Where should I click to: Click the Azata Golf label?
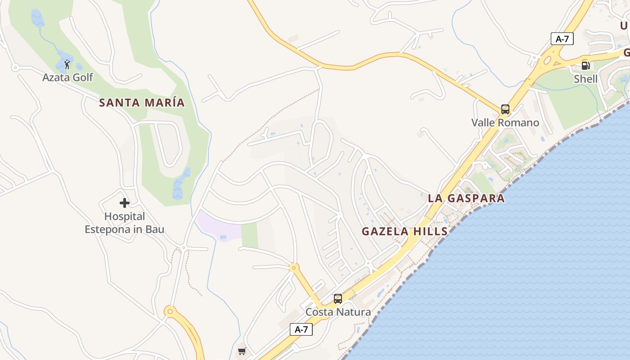(x=67, y=77)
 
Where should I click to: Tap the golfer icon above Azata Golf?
(x=67, y=65)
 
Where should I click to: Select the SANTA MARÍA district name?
(x=142, y=103)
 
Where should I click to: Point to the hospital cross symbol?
(x=125, y=203)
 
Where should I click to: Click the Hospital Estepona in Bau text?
(x=125, y=223)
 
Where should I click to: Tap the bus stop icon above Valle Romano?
(x=505, y=109)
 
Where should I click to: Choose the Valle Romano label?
(x=505, y=122)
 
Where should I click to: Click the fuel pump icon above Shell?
(x=585, y=66)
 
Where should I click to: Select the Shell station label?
(x=585, y=79)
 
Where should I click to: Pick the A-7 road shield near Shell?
(x=562, y=39)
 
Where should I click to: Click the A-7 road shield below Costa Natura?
(x=301, y=329)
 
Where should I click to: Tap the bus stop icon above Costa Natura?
(x=338, y=298)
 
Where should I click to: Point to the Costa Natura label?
(x=338, y=312)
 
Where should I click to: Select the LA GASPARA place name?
(x=466, y=198)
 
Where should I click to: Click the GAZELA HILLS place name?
(x=405, y=231)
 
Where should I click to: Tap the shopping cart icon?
(x=242, y=351)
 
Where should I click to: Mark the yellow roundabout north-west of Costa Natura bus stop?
(x=294, y=268)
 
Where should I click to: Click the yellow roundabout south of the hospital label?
(x=170, y=311)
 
